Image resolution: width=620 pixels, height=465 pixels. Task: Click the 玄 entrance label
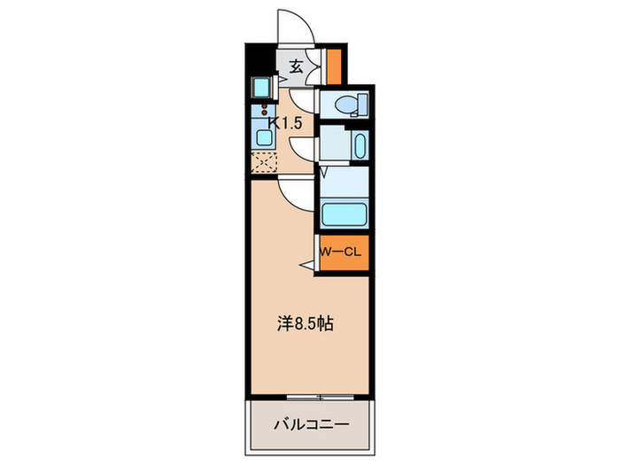coord(295,66)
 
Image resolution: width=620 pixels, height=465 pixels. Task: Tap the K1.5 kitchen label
coord(285,124)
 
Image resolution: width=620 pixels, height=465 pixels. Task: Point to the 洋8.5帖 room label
coord(304,324)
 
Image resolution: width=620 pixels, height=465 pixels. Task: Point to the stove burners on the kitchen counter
coord(263,112)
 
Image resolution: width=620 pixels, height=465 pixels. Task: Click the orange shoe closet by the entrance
coord(334,65)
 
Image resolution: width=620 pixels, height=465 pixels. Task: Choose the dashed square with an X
coord(263,161)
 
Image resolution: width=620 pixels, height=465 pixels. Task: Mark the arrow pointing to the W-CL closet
coord(306,263)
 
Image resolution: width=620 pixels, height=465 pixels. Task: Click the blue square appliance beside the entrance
coord(263,88)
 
